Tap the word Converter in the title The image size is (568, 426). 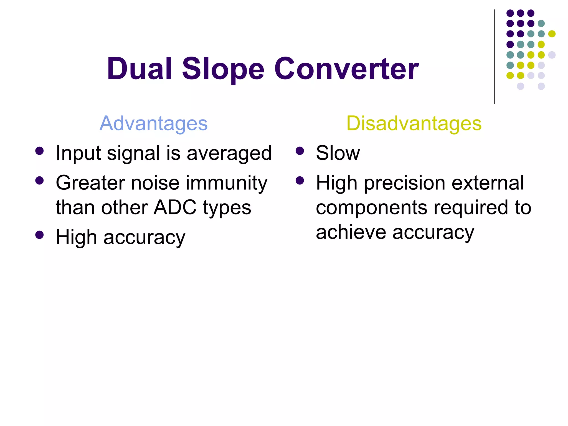tap(346, 69)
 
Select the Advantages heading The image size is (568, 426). tap(153, 123)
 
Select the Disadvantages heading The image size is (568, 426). tap(414, 123)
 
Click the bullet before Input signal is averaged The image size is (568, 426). tap(40, 151)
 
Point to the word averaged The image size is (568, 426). tap(229, 153)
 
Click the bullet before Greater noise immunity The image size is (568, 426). tap(40, 181)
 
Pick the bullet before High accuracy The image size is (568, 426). tap(40, 235)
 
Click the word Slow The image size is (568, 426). tap(338, 153)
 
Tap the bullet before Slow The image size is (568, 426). tap(300, 151)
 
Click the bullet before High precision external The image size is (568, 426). tap(300, 181)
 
